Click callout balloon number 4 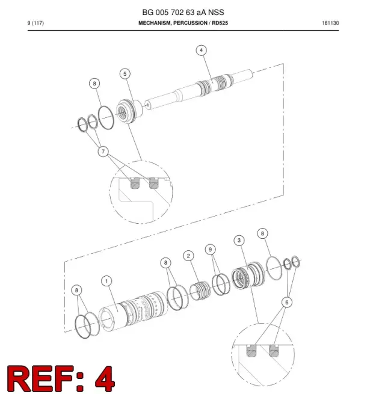click(x=202, y=51)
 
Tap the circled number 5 click(x=125, y=74)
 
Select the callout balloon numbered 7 click(x=103, y=152)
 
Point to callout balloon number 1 click(x=106, y=281)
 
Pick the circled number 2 click(x=188, y=256)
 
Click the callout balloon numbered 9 click(x=211, y=249)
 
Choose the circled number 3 click(x=239, y=241)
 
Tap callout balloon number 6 click(x=287, y=302)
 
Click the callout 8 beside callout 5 click(x=94, y=84)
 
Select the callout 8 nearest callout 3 click(x=263, y=233)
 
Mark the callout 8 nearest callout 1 click(x=76, y=290)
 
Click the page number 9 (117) click(x=35, y=23)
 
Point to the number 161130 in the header click(x=330, y=23)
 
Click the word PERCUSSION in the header click(x=190, y=23)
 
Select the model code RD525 click(x=220, y=23)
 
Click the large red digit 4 click(x=105, y=378)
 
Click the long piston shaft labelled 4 click(x=199, y=89)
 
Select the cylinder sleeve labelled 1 click(x=133, y=310)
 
